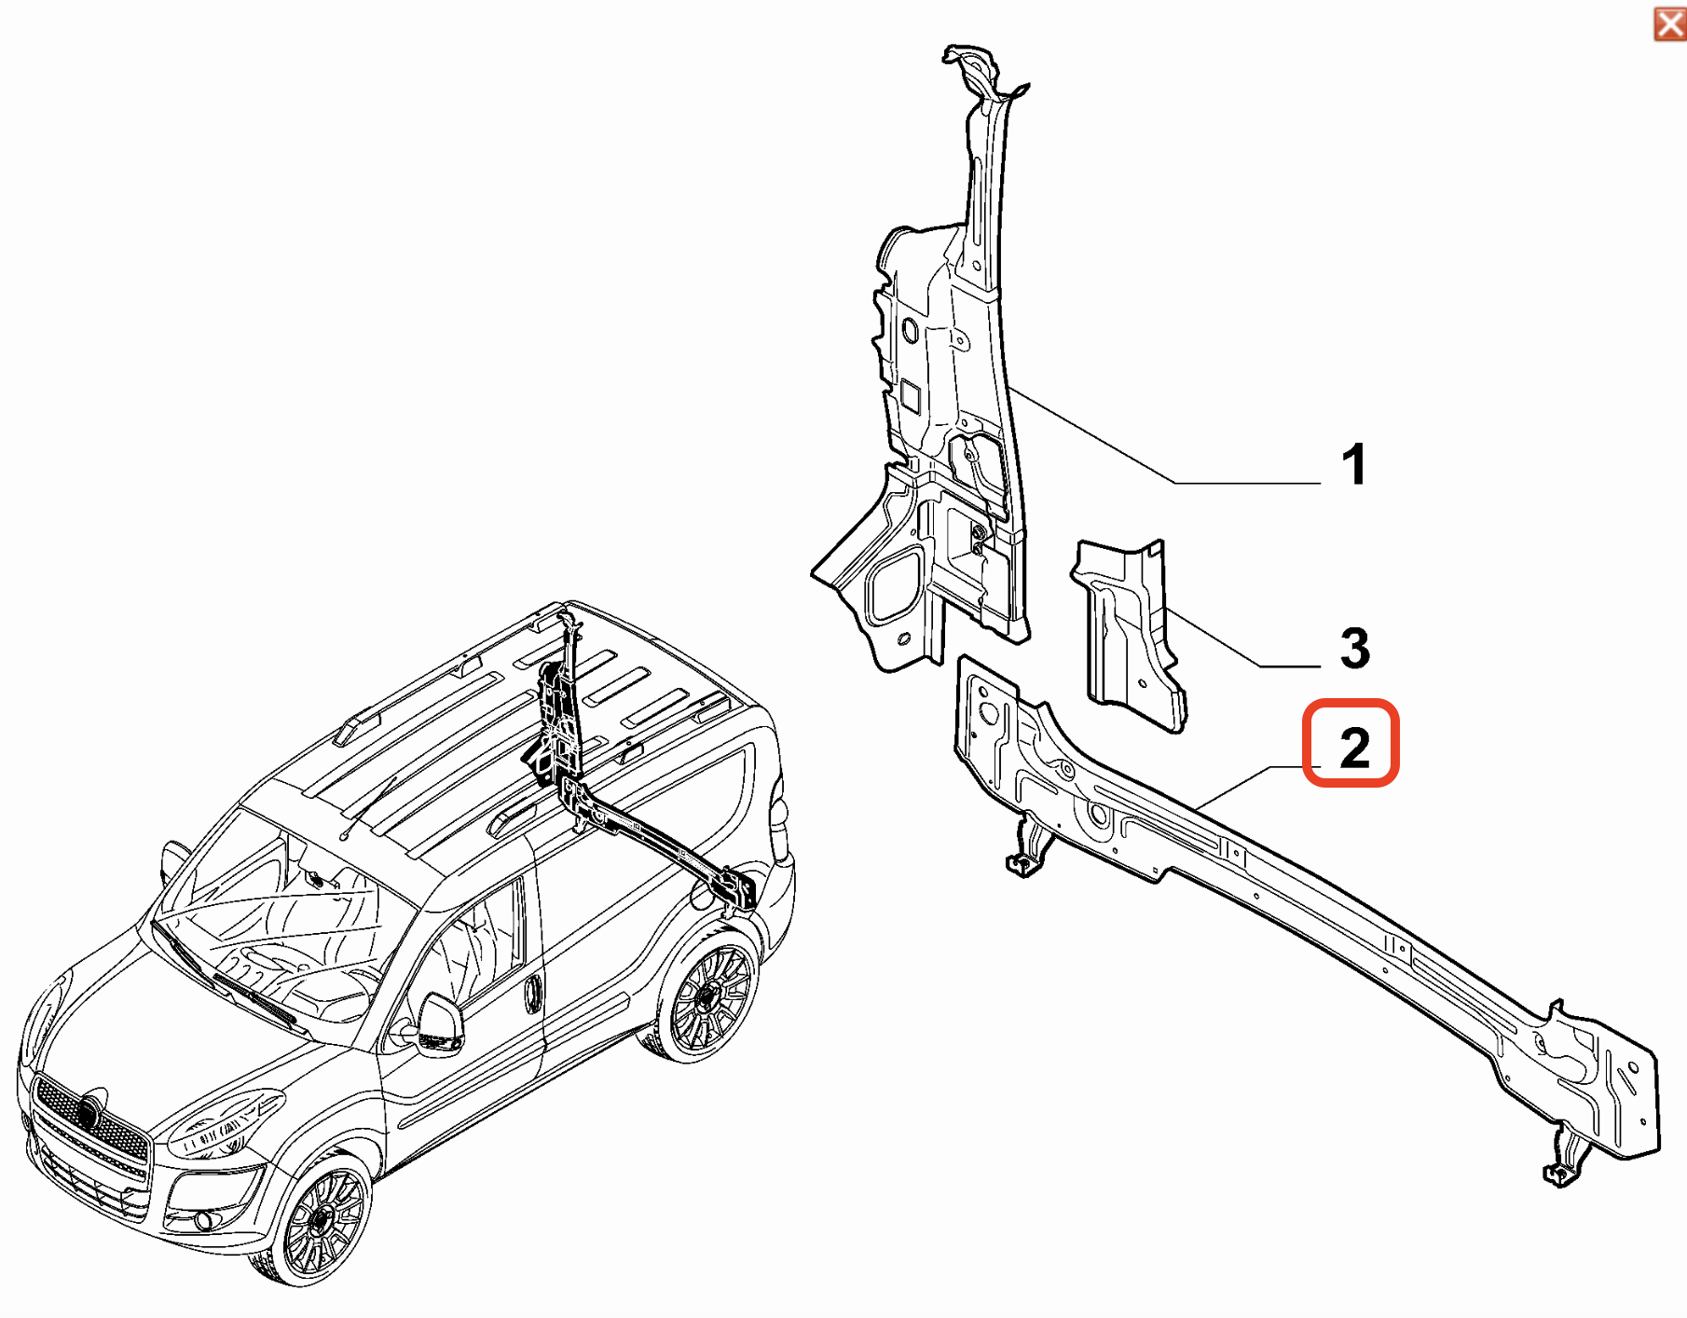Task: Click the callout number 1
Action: (1354, 464)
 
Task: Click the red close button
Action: (1669, 23)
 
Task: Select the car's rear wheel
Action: (708, 1002)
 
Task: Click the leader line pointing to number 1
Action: (1165, 477)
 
